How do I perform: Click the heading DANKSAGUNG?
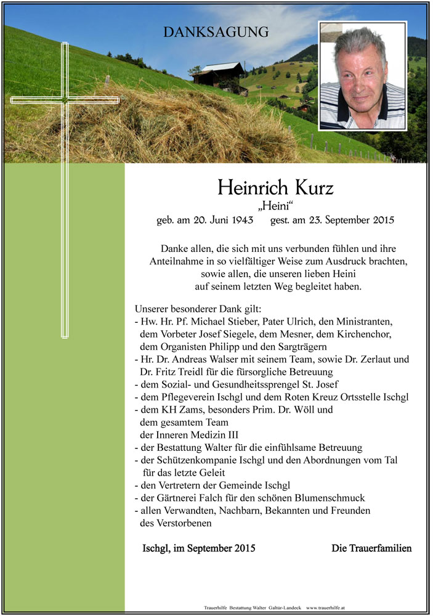[216, 33]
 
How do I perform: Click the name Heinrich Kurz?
[275, 187]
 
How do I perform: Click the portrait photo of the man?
[363, 75]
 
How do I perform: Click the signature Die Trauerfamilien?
[371, 548]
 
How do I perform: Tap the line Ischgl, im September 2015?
[198, 548]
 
